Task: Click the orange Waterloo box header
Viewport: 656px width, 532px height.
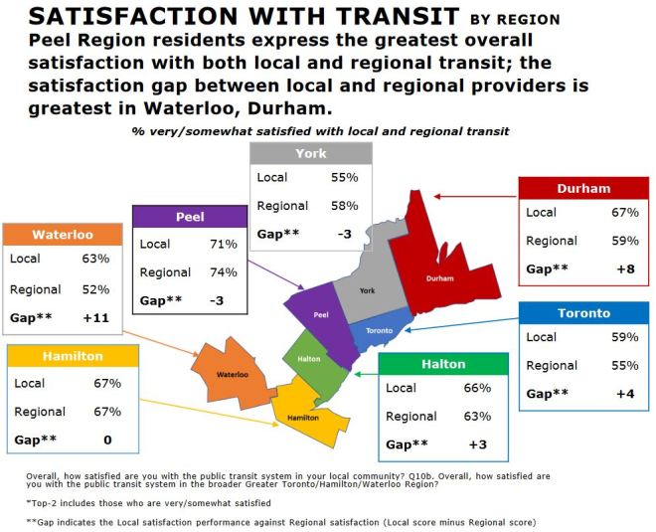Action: tap(63, 236)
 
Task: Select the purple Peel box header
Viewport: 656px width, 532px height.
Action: tap(190, 217)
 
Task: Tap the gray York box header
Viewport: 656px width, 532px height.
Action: tap(310, 153)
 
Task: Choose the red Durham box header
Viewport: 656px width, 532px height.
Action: tap(583, 188)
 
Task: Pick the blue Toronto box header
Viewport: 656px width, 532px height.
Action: tap(583, 312)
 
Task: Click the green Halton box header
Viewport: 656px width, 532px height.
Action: tap(442, 364)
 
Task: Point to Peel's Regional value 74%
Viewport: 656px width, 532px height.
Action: tap(223, 272)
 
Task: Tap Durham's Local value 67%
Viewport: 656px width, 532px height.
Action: tap(621, 213)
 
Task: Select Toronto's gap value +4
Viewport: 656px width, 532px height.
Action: tap(622, 393)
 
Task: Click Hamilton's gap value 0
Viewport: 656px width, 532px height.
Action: tap(107, 439)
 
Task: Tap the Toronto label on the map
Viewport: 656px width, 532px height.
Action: tap(380, 330)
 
